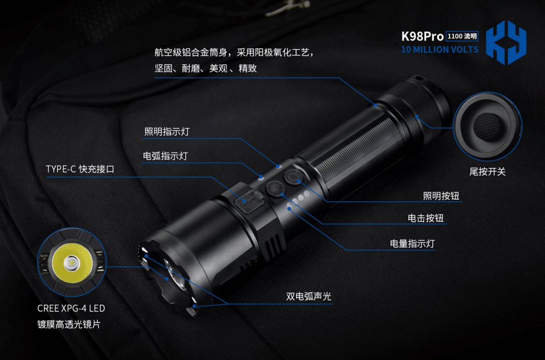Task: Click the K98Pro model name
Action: tap(422, 37)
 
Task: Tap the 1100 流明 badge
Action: tap(462, 36)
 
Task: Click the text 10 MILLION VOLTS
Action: tap(440, 50)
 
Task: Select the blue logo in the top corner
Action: tap(506, 43)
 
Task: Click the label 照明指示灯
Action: tap(167, 132)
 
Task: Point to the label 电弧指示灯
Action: tap(166, 156)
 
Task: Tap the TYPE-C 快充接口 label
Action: tap(80, 169)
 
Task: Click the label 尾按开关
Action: tap(488, 171)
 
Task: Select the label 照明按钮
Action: tap(441, 196)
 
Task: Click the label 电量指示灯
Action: tap(412, 244)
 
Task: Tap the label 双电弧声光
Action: tap(309, 296)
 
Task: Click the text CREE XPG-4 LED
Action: tap(71, 308)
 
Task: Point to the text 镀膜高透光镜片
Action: tap(69, 324)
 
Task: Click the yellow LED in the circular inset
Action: tap(72, 263)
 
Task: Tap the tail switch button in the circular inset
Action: tap(487, 127)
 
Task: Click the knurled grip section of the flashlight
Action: tap(351, 150)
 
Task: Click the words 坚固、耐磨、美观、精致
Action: tap(206, 69)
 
